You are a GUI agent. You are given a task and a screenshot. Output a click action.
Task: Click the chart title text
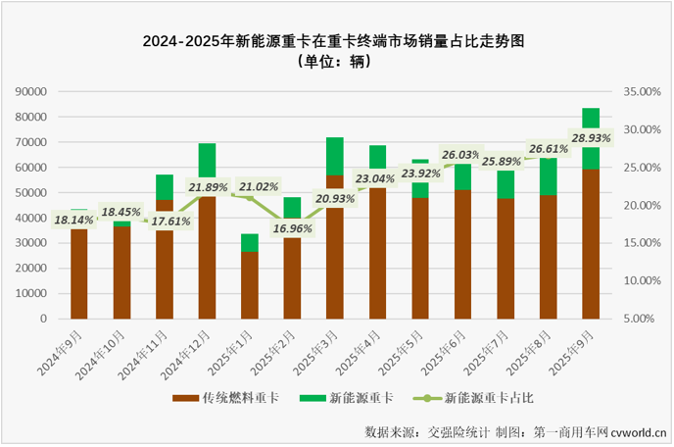pyautogui.click(x=336, y=41)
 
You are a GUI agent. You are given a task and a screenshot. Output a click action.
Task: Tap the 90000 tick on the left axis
pyautogui.click(x=30, y=91)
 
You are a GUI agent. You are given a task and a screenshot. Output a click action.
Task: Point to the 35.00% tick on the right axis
pyautogui.click(x=643, y=91)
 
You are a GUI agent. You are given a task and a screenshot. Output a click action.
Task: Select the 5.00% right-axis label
pyautogui.click(x=646, y=319)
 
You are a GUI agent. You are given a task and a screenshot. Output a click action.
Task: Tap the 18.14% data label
pyautogui.click(x=75, y=221)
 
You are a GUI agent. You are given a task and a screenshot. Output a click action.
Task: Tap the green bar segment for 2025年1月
pyautogui.click(x=250, y=243)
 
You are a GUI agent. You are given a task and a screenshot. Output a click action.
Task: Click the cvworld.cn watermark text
pyautogui.click(x=639, y=431)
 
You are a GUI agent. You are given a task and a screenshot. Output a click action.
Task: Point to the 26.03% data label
pyautogui.click(x=462, y=155)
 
